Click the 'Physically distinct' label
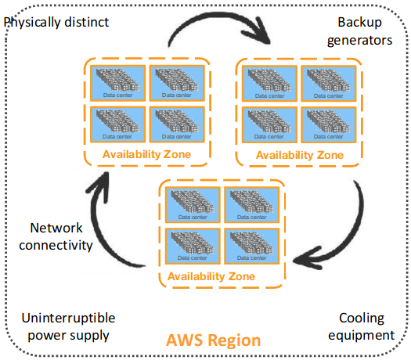tap(56, 21)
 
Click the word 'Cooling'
tap(361, 319)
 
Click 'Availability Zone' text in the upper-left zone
tap(146, 154)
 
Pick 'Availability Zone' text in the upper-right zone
tap(300, 155)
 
